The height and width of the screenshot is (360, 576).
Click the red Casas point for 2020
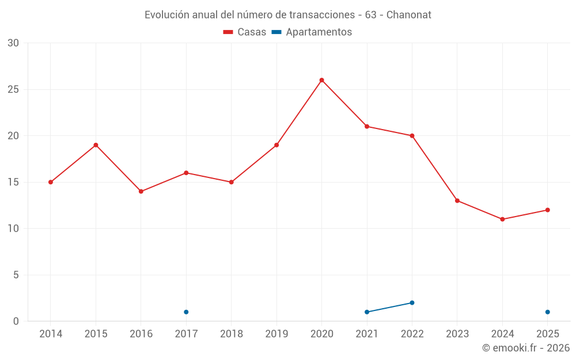coord(322,80)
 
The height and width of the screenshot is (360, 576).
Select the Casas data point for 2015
coord(96,145)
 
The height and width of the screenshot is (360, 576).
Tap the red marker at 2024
coord(502,219)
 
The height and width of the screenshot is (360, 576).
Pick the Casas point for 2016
coord(141,191)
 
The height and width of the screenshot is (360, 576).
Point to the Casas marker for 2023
coord(457,200)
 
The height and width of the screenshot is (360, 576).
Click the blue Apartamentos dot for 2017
coord(186,312)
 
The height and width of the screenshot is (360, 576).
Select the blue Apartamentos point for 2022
coord(412,303)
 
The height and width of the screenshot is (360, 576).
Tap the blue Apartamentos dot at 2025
coord(547,312)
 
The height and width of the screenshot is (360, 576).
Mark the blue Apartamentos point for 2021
coord(367,312)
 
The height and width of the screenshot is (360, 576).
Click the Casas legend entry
coord(245,32)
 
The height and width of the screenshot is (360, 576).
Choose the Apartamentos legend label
coord(319,32)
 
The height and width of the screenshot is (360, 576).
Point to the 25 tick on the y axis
coord(13,89)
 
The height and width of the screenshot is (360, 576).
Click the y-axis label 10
coord(13,229)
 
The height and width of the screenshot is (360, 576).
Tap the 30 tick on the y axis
coord(13,43)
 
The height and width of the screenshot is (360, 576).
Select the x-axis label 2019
coord(276,334)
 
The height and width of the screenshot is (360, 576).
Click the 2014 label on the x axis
coord(51,334)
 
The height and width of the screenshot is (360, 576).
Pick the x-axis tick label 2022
coord(412,334)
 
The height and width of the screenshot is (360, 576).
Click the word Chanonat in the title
coord(408,15)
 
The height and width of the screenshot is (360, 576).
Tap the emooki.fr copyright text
coord(526,348)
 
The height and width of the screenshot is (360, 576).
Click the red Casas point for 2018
coord(231,182)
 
